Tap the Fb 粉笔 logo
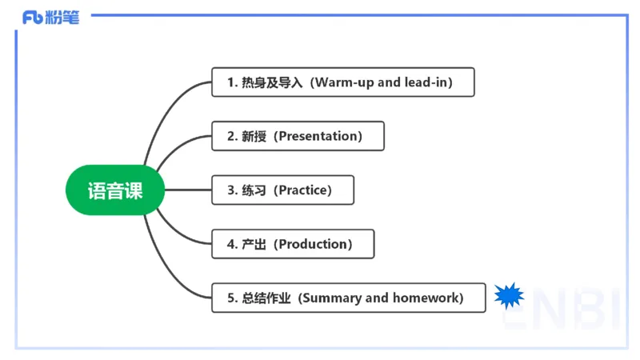coord(51,17)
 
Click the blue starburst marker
coord(509,297)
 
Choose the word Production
coord(313,244)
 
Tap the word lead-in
coord(428,82)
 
